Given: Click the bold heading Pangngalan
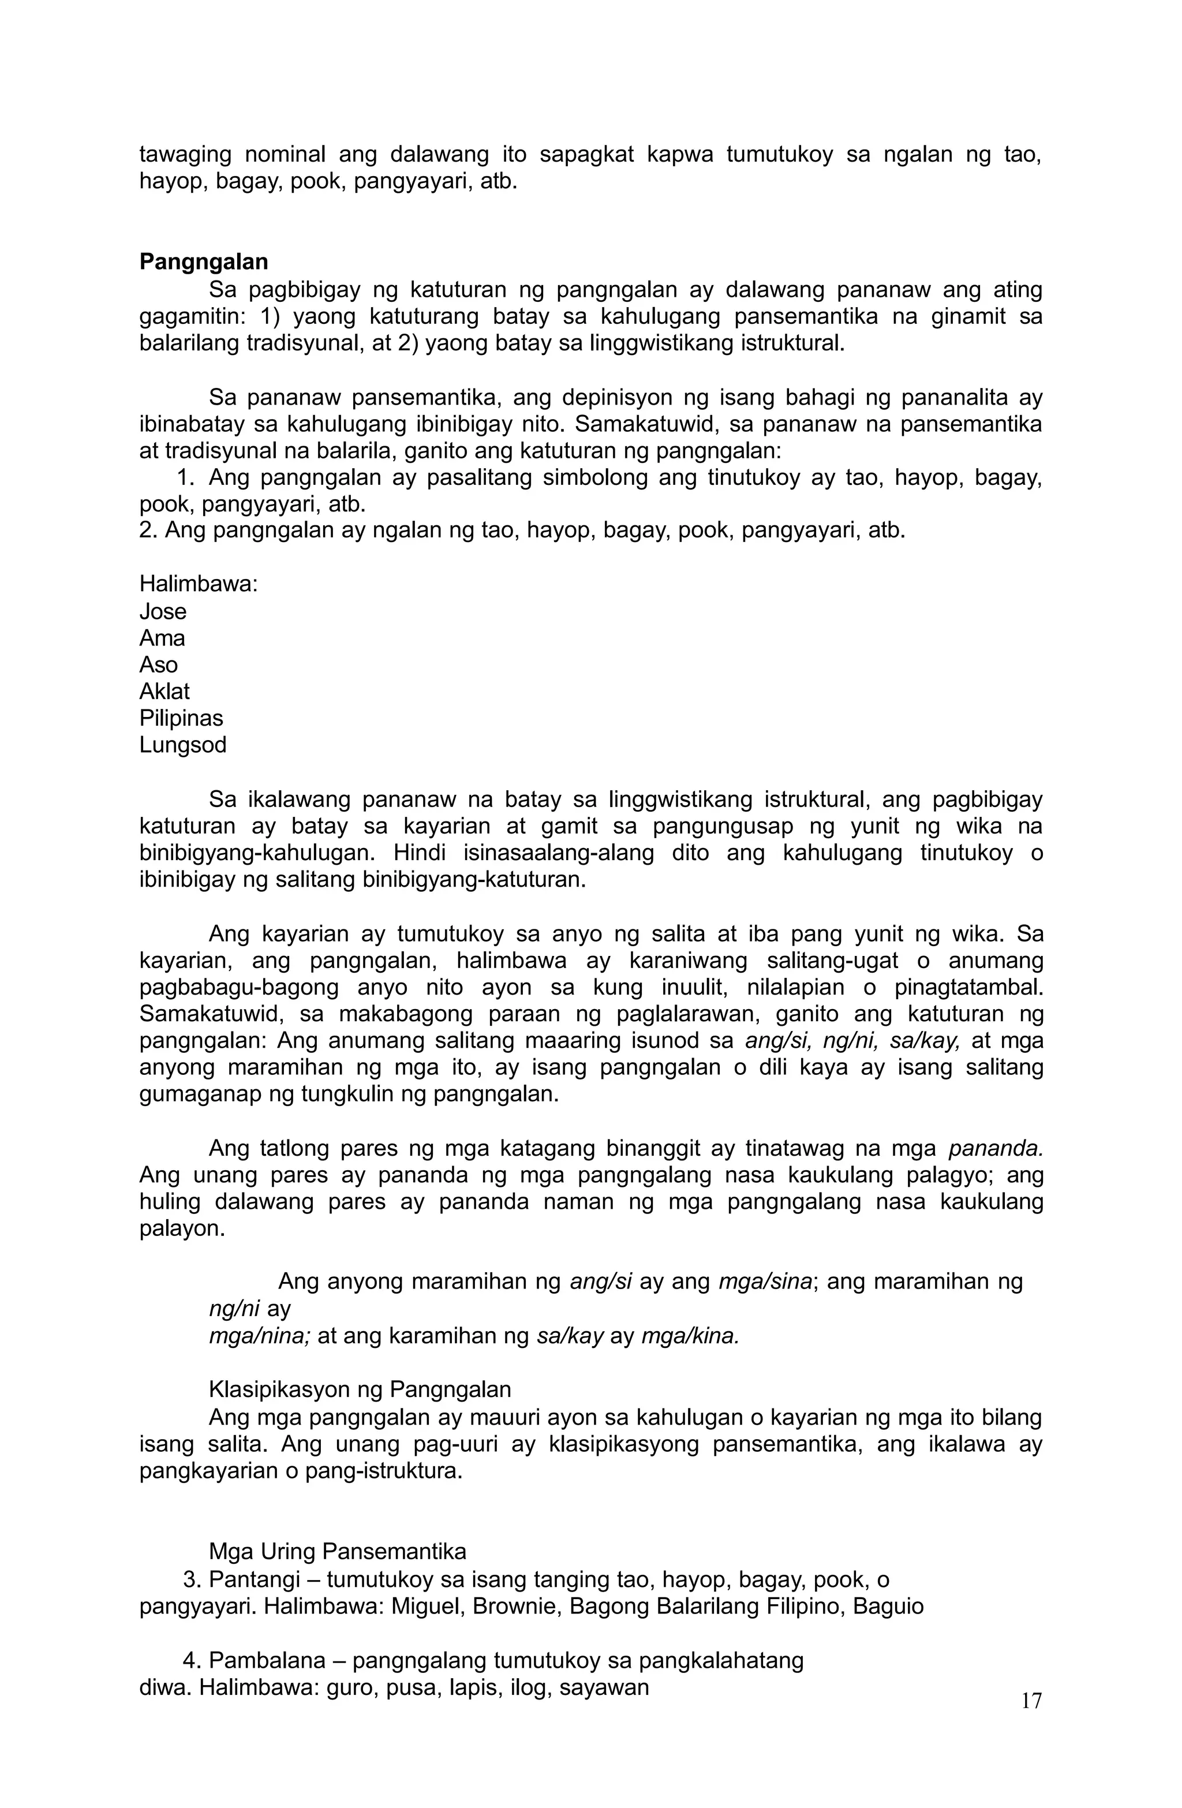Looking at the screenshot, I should pyautogui.click(x=204, y=262).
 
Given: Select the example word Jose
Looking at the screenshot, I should pyautogui.click(x=163, y=611).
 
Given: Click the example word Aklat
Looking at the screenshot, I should pyautogui.click(x=164, y=692).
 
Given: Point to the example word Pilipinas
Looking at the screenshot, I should pyautogui.click(x=181, y=718).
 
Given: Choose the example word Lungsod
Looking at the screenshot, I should pyautogui.click(x=182, y=745).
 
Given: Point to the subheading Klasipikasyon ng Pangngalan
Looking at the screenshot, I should pyautogui.click(x=360, y=1389).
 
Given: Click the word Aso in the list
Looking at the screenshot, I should pyautogui.click(x=158, y=664).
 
